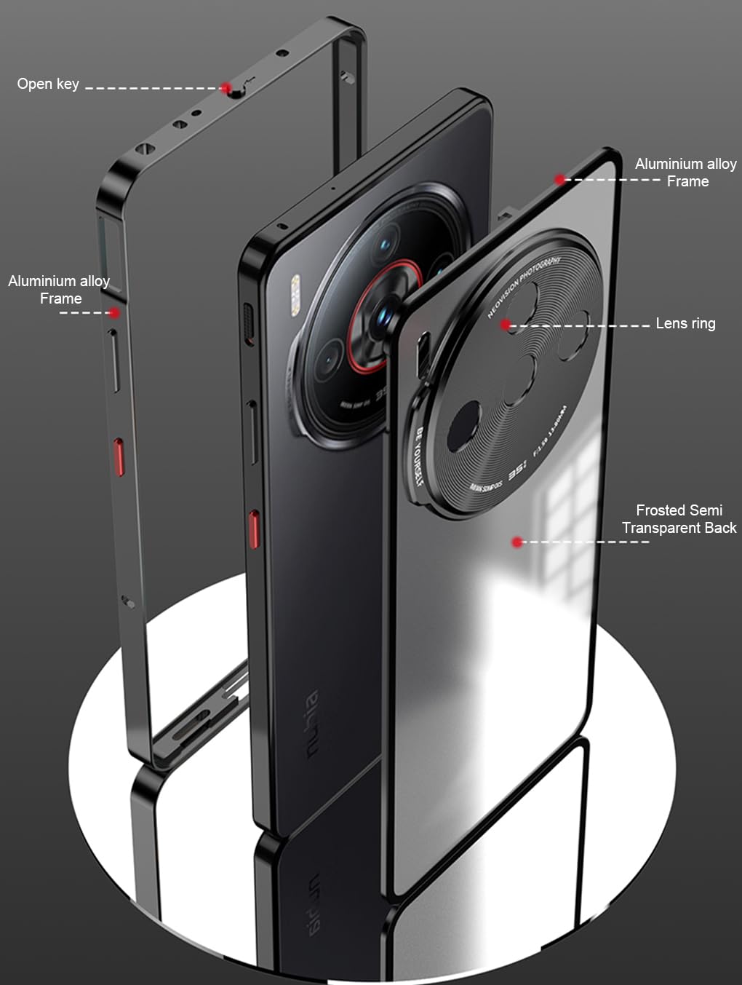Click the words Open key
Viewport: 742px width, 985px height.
coord(48,84)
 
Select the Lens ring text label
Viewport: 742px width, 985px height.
coord(685,323)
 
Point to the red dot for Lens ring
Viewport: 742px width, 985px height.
coord(506,325)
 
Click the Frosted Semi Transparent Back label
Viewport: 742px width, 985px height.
coord(679,519)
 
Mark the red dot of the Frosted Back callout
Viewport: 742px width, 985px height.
coord(516,542)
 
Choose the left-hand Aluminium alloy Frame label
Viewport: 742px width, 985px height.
coord(59,290)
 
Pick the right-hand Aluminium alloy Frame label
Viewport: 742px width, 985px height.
coord(686,173)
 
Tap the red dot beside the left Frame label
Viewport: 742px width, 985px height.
coord(114,313)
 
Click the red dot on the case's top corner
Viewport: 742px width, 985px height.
coord(559,179)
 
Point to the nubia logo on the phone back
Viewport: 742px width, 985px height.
coord(312,725)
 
